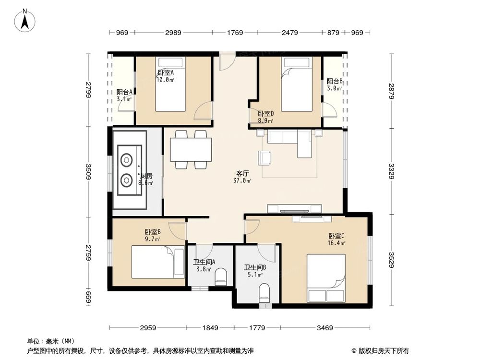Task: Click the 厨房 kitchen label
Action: click(x=146, y=179)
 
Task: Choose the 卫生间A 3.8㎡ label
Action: click(x=204, y=265)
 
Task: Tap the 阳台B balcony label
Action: click(x=334, y=85)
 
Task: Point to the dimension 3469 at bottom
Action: click(x=325, y=328)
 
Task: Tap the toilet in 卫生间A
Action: click(x=221, y=276)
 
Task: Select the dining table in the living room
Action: click(x=191, y=149)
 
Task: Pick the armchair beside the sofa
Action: click(x=264, y=157)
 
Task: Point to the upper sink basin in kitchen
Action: click(x=127, y=158)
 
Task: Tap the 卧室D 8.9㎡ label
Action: click(x=265, y=117)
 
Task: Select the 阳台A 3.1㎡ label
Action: click(x=125, y=96)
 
